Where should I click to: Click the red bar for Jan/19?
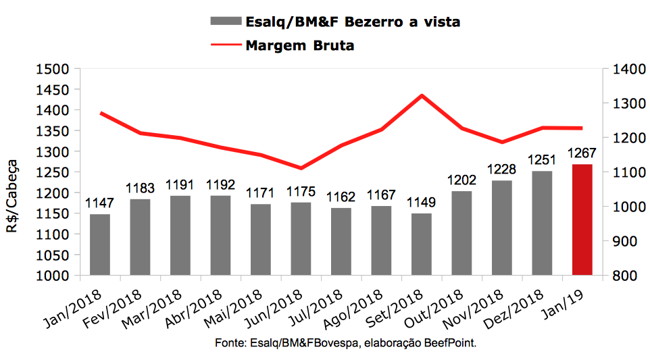[582, 220]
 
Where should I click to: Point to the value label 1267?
[582, 153]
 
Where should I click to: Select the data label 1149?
[422, 203]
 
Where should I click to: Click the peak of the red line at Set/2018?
[422, 95]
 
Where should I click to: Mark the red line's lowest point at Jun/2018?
[301, 168]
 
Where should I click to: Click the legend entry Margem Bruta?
[300, 46]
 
